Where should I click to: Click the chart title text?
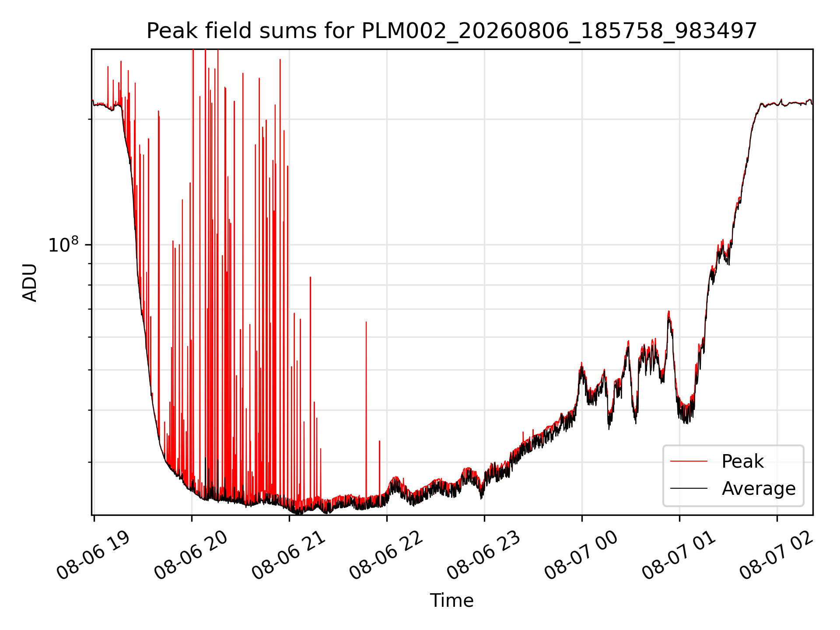click(x=451, y=31)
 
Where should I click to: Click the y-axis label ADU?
click(x=30, y=282)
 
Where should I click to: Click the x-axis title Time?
click(x=451, y=601)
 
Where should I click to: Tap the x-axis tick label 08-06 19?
click(x=93, y=555)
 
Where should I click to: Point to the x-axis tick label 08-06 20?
click(x=191, y=555)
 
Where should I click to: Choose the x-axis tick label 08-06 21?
click(x=288, y=555)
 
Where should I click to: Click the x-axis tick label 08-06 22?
click(x=386, y=555)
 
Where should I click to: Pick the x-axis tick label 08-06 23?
click(x=483, y=555)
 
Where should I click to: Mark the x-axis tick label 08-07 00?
click(x=581, y=555)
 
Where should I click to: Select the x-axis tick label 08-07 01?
click(x=679, y=555)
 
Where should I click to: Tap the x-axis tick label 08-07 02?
click(x=776, y=555)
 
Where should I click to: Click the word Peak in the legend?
click(x=742, y=462)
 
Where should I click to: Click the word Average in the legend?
click(x=759, y=488)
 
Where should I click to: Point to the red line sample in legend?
click(x=689, y=461)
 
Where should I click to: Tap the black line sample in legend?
click(x=689, y=488)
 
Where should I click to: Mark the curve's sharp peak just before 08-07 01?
click(x=668, y=311)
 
